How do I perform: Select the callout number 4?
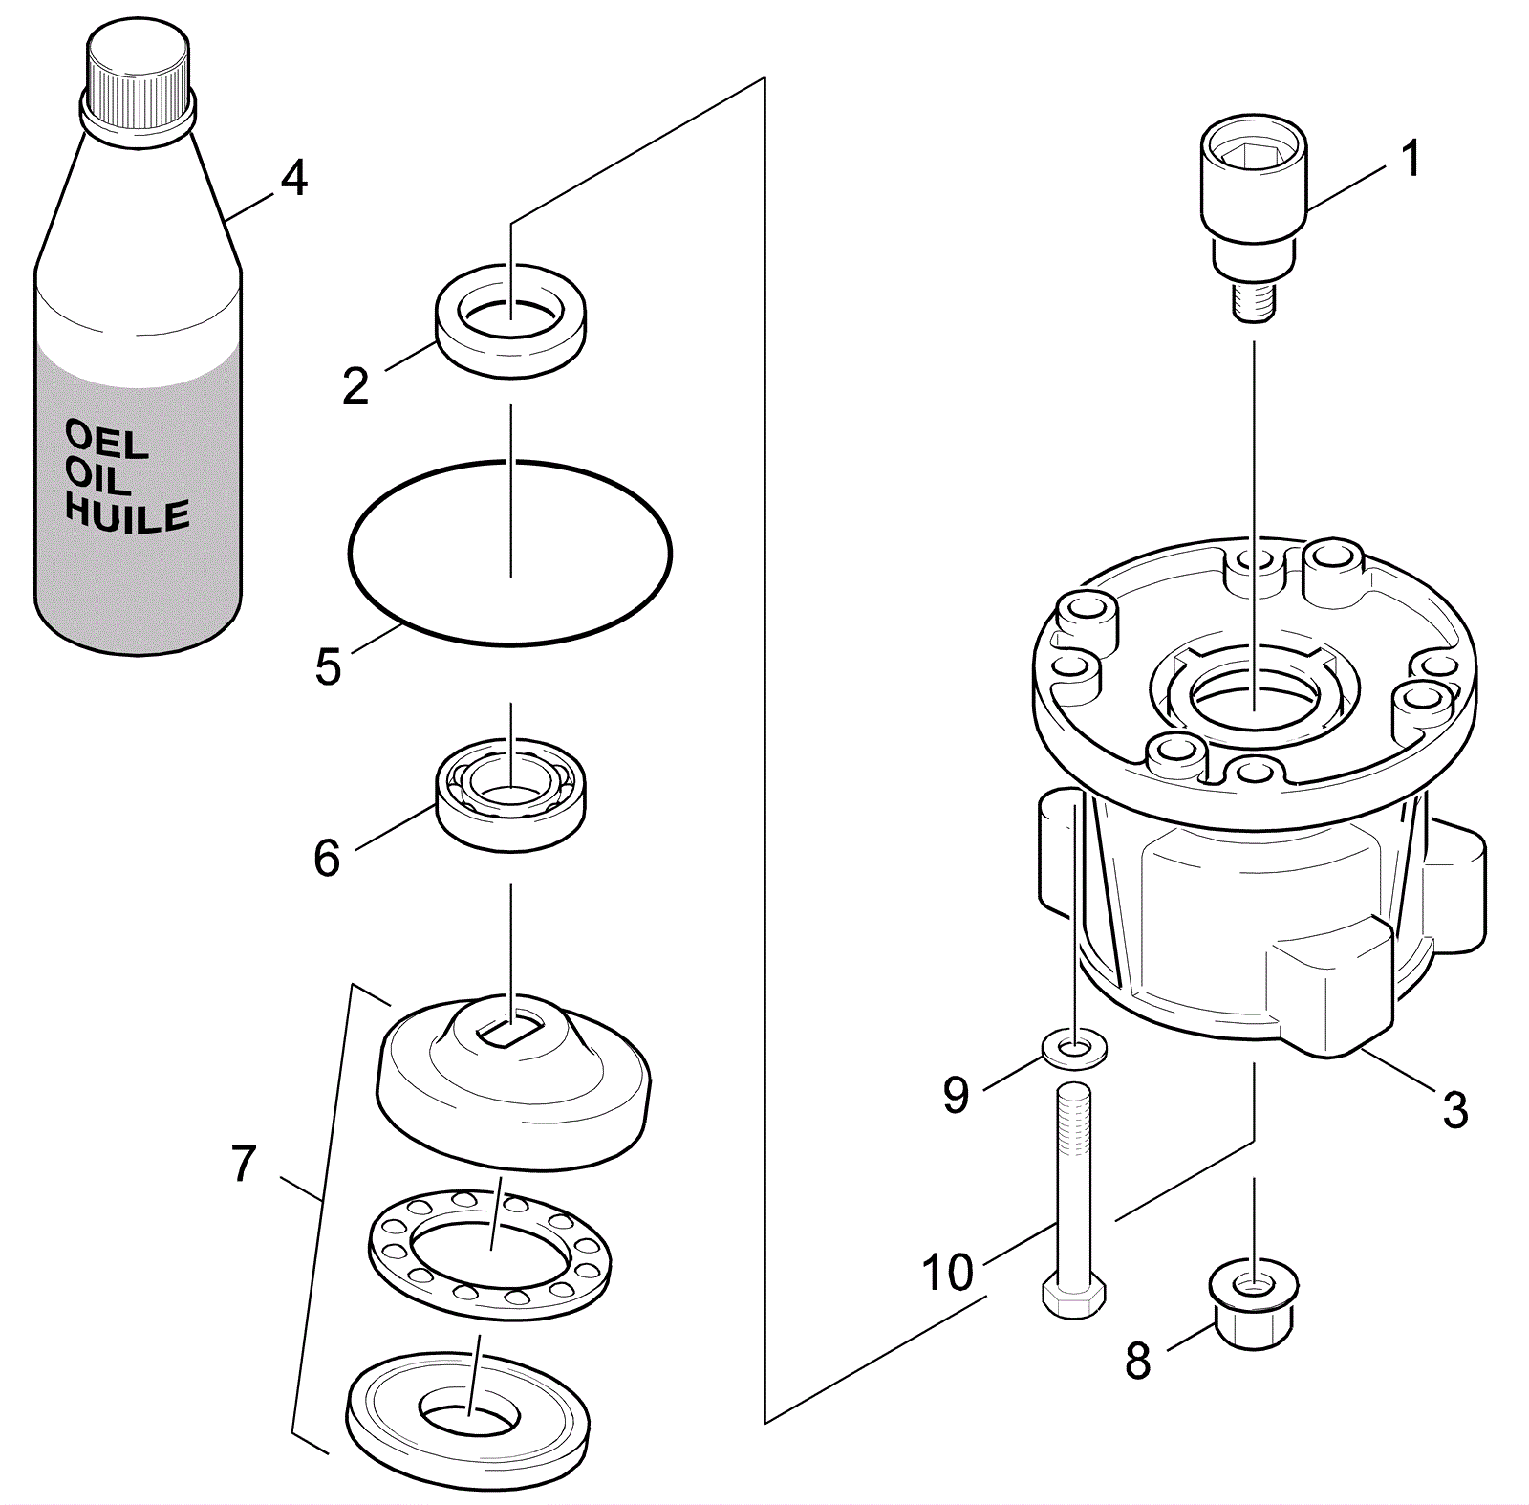(293, 178)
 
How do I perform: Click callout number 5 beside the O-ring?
(328, 666)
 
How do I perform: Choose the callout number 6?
(327, 858)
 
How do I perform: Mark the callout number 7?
(244, 1164)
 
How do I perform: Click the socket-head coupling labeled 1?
(1252, 182)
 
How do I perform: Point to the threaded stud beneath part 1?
(1253, 301)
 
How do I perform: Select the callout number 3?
(1454, 1110)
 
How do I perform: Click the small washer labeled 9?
(1075, 1050)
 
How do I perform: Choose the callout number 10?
(947, 1272)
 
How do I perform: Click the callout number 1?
(1410, 158)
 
